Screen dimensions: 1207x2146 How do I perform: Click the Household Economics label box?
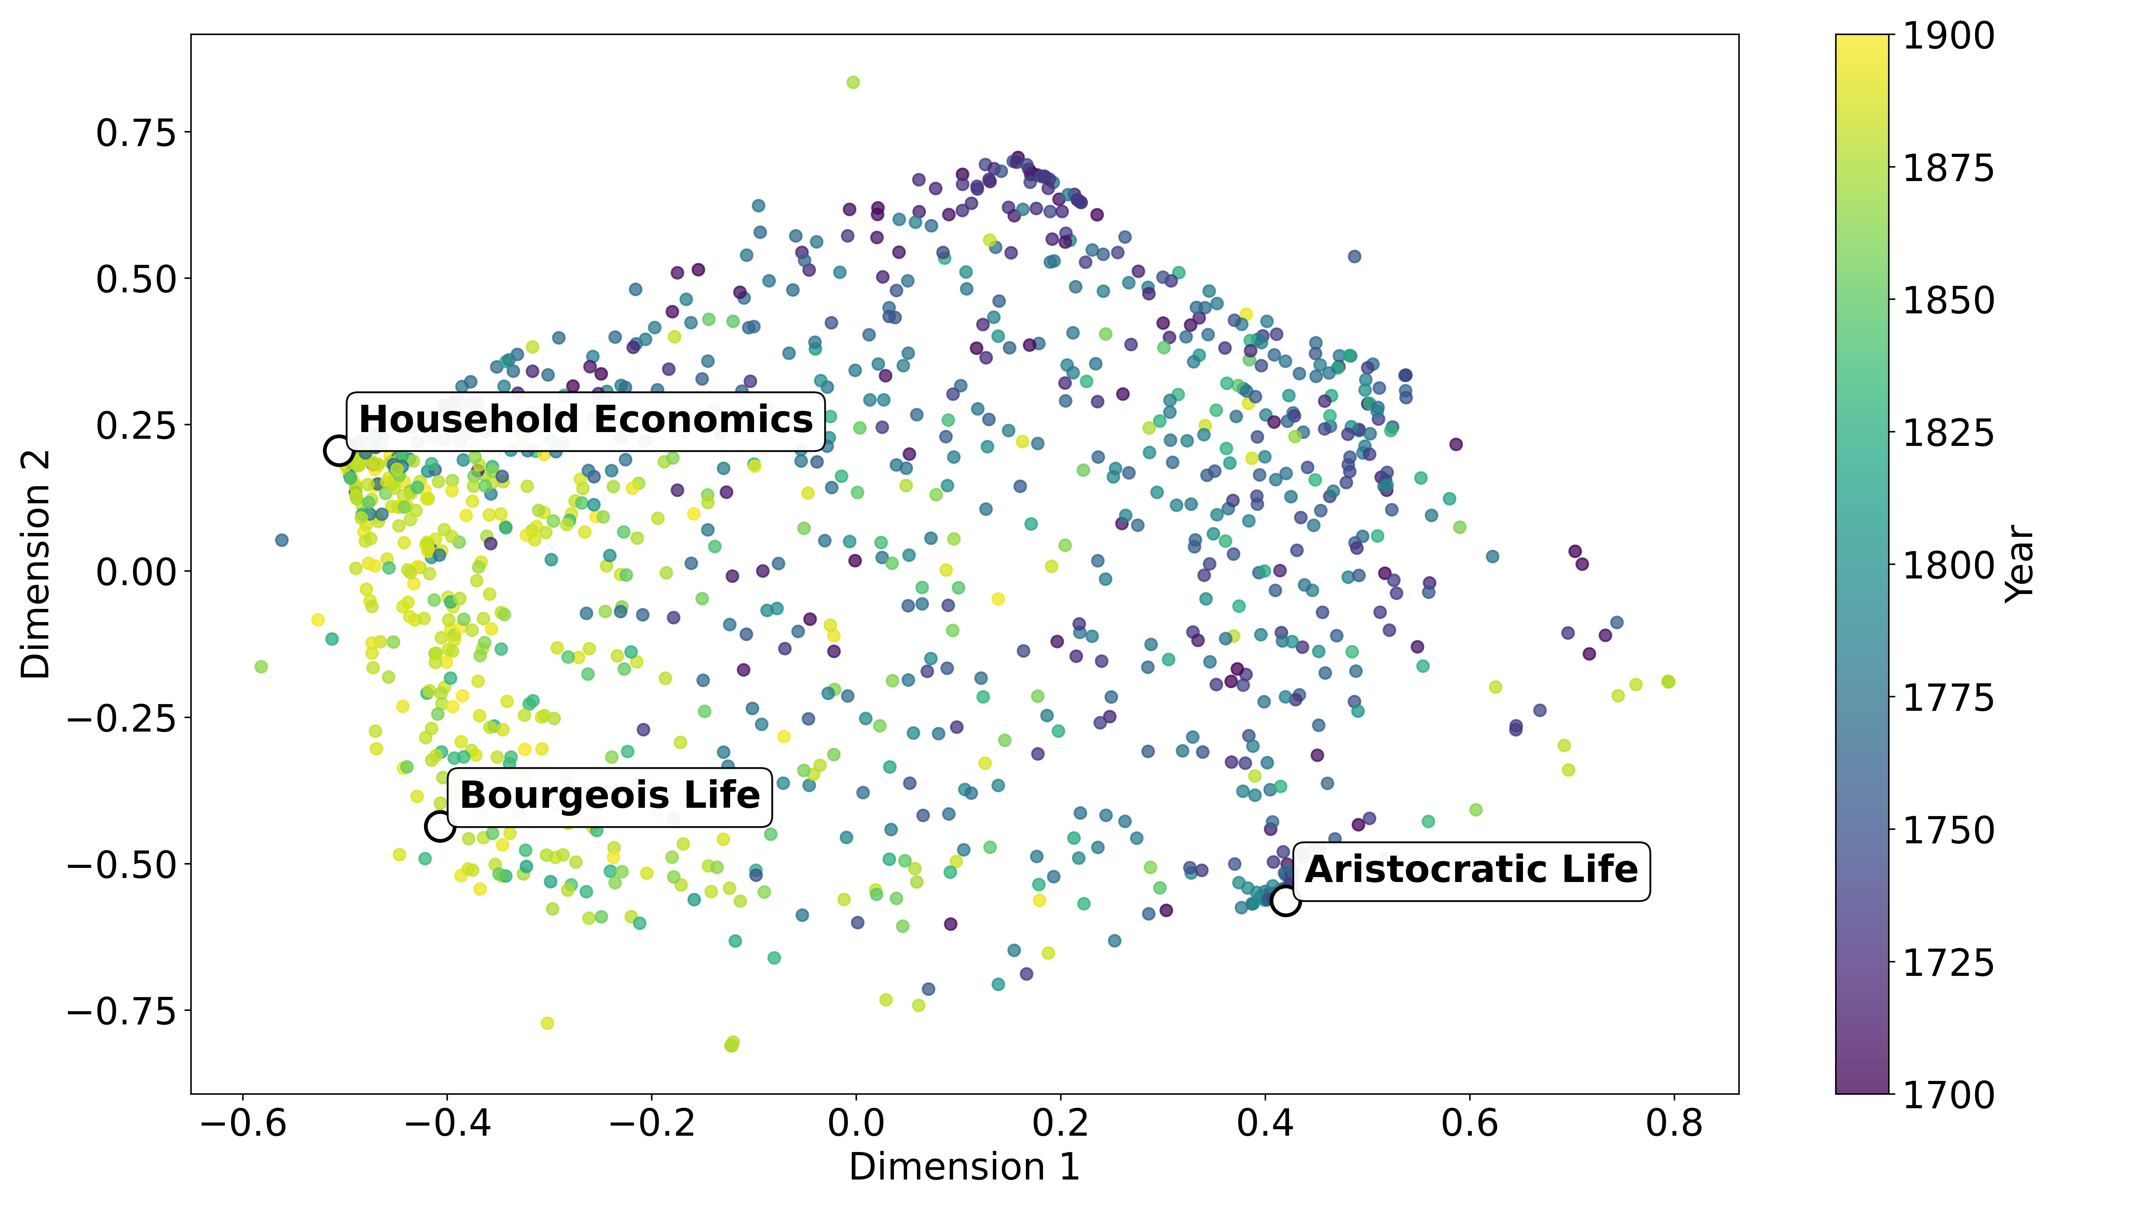tap(585, 421)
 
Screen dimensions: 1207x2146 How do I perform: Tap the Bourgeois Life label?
tap(610, 796)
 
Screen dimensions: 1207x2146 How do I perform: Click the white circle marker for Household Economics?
tap(338, 451)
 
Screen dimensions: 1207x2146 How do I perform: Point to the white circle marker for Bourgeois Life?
tap(439, 826)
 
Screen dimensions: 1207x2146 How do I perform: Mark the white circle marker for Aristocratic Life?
tap(1285, 901)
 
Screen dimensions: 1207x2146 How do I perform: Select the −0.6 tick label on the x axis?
tap(243, 1123)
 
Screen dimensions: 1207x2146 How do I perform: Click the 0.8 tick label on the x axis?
tap(1674, 1123)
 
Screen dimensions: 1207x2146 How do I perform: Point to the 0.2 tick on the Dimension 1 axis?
tap(1060, 1123)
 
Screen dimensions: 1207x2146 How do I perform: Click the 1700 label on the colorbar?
tap(1949, 1094)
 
